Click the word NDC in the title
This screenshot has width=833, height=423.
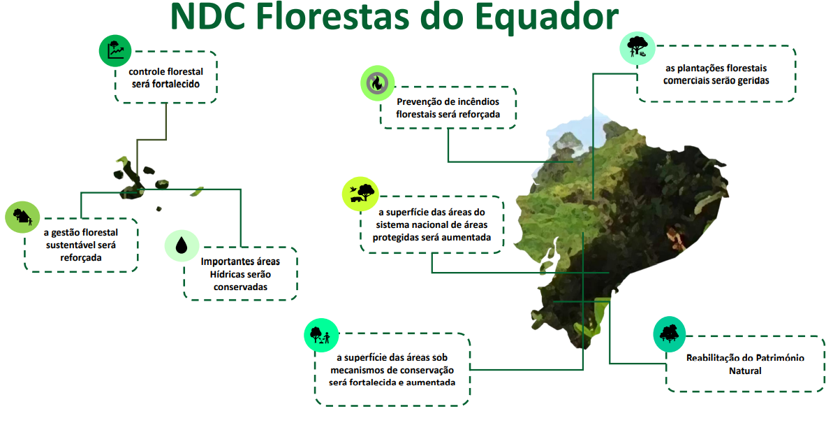tap(208, 17)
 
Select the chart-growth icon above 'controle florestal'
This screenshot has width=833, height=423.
tap(115, 50)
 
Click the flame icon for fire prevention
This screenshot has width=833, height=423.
tap(377, 83)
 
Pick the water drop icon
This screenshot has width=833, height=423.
tap(182, 245)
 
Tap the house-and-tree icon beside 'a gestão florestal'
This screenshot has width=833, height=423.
tap(22, 217)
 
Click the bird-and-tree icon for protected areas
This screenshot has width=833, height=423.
tap(360, 194)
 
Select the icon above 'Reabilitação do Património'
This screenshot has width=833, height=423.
tap(669, 334)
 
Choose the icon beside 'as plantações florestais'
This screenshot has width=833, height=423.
tap(637, 48)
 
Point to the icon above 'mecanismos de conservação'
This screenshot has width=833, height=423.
tap(321, 335)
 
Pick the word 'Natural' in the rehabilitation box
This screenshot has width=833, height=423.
tap(745, 371)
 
